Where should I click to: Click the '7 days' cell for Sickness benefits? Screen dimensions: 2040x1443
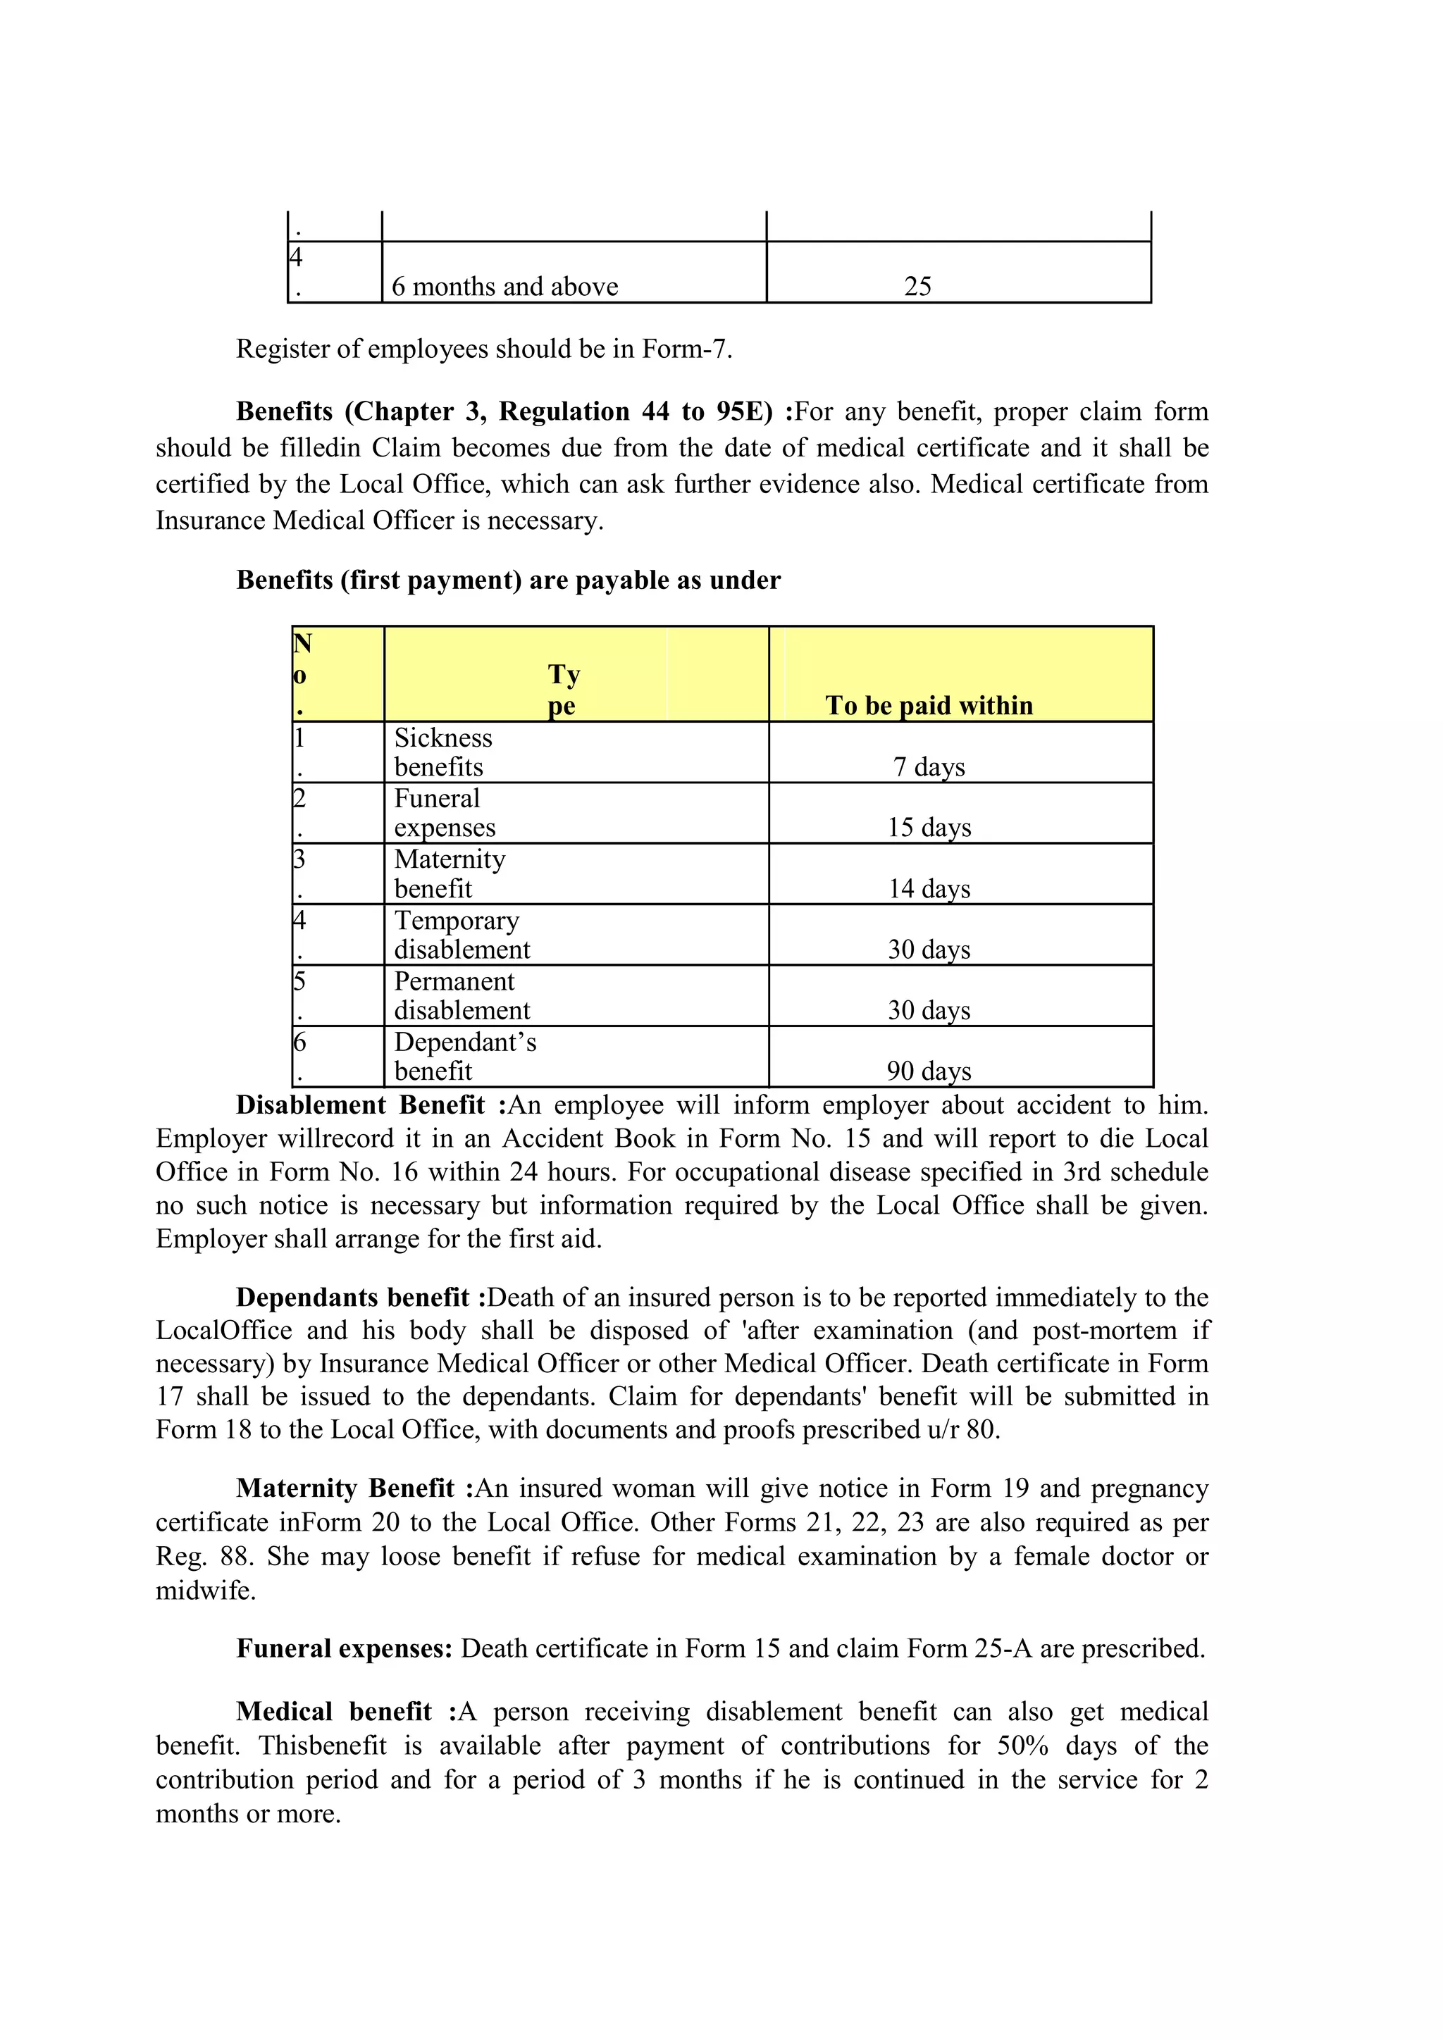point(929,766)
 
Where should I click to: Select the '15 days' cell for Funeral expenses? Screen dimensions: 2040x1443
point(929,826)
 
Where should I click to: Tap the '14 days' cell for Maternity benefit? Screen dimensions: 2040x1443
point(929,888)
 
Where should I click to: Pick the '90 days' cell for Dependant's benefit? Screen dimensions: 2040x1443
point(929,1070)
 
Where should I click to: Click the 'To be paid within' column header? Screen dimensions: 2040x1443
point(929,704)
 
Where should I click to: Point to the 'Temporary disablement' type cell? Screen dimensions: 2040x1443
point(462,935)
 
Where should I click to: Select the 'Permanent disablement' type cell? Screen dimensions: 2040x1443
point(462,995)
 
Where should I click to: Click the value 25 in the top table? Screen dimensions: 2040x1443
point(917,286)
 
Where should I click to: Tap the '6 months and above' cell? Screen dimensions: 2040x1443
point(504,286)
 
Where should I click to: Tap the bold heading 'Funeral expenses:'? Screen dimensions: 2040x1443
point(345,1648)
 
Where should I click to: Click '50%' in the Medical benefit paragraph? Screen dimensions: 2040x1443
point(1022,1745)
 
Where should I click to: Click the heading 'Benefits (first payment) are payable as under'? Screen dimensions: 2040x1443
point(508,580)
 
